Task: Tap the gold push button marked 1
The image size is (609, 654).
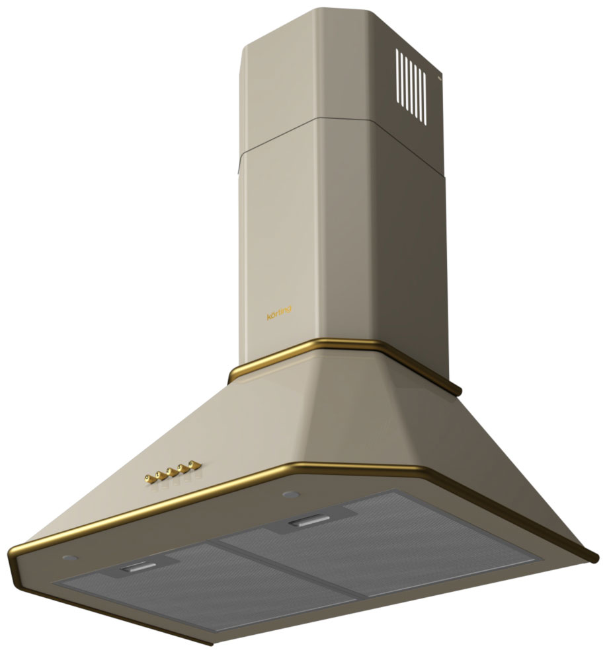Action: [149, 478]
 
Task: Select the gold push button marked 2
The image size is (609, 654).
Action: [159, 475]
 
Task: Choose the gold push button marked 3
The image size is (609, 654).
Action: [171, 472]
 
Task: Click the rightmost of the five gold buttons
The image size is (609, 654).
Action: [192, 464]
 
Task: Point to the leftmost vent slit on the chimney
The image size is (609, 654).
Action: [398, 77]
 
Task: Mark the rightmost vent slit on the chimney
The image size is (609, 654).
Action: [425, 99]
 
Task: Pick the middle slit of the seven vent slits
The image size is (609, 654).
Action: [412, 88]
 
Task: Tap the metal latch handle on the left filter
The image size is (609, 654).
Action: [138, 566]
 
